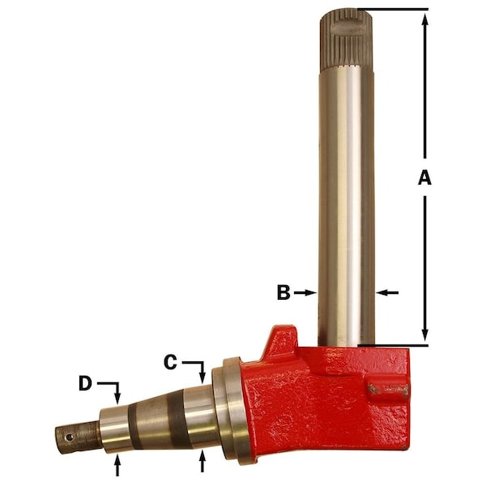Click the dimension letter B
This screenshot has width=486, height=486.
pos(283,292)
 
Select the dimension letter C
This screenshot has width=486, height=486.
pos(170,363)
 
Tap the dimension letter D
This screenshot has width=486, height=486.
pos(85,382)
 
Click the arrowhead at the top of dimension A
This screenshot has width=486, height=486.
pos(424,18)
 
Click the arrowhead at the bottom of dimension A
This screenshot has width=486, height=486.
pos(424,338)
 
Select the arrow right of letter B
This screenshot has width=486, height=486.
pos(305,292)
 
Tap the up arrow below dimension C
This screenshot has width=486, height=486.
pos(202,462)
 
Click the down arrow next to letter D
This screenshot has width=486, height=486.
pos(118,396)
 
